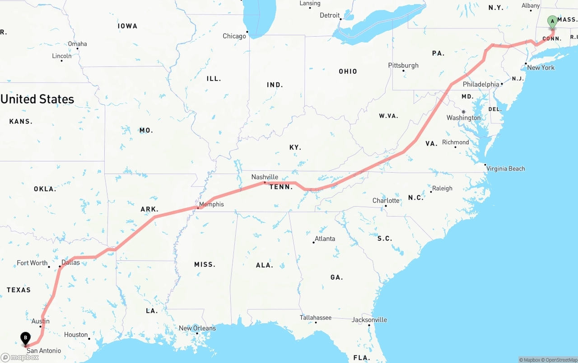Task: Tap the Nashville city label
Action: (265, 177)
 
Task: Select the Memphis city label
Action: (211, 204)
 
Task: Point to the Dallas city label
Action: (70, 262)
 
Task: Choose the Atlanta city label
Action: (325, 239)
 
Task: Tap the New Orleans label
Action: (197, 328)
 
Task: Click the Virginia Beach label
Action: (505, 169)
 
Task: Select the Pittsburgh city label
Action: (403, 66)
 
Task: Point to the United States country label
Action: (37, 99)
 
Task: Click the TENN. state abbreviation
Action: (281, 187)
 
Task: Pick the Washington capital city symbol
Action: (463, 112)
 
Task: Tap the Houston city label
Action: (76, 335)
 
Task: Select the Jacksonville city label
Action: (369, 320)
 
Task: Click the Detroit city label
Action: (330, 15)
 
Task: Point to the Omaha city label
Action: (78, 44)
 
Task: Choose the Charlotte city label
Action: (386, 201)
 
